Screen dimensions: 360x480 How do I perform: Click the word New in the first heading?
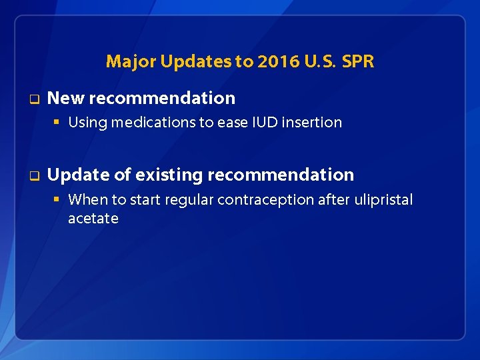point(65,98)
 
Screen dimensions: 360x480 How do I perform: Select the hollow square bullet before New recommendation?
point(32,99)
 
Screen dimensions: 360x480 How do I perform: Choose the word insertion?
point(312,123)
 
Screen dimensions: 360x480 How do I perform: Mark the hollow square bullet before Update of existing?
point(32,176)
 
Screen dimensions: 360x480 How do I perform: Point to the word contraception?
point(258,200)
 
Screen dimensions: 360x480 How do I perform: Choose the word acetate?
point(93,219)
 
